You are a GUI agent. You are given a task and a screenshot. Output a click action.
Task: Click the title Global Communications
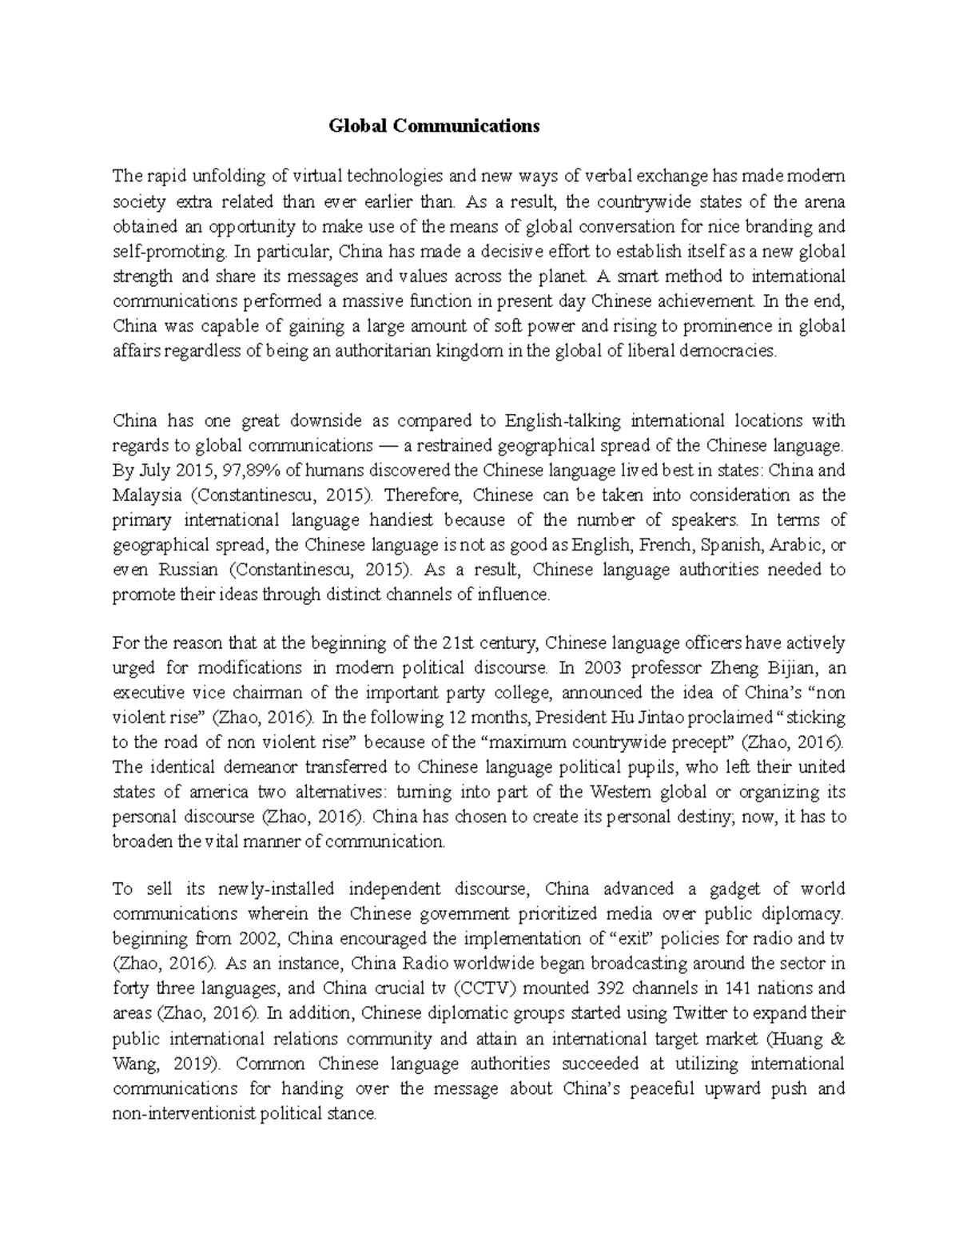tap(435, 125)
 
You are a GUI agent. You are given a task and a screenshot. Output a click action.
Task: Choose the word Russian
tap(188, 570)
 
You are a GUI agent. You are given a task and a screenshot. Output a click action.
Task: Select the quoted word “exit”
tap(634, 938)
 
